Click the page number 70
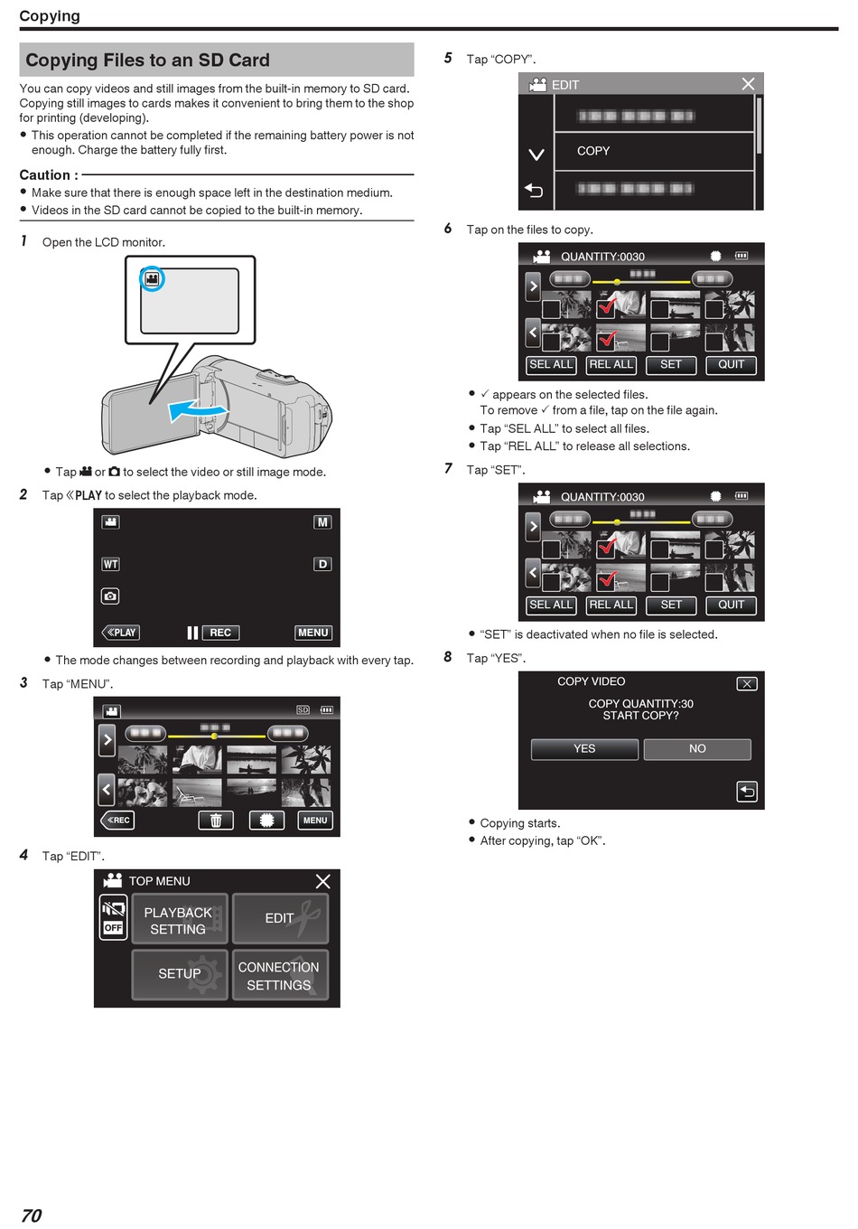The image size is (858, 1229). (32, 1215)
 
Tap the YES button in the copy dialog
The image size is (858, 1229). (584, 749)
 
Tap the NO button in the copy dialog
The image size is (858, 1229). (697, 749)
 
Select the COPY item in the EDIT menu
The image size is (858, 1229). (654, 151)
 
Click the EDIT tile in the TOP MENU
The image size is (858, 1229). (280, 918)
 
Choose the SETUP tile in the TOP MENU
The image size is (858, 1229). (180, 974)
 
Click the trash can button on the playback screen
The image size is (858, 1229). (216, 821)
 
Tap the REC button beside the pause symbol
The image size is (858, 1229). (220, 633)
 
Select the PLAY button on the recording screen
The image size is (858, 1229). (121, 633)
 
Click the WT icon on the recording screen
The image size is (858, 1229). (110, 564)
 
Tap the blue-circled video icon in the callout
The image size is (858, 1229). (152, 278)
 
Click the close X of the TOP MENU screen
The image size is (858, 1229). (323, 881)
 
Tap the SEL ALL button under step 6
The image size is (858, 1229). (551, 365)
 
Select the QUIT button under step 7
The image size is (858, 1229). (731, 605)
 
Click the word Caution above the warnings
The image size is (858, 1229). (45, 175)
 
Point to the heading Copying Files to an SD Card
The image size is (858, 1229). (147, 60)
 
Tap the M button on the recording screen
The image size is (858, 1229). (322, 522)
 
